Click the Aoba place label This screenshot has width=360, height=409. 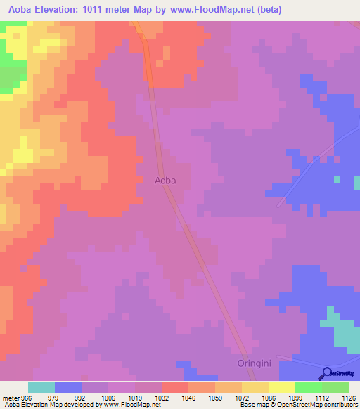click(x=165, y=181)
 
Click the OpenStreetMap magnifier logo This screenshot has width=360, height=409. click(x=326, y=375)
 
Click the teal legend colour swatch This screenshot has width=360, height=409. click(x=41, y=387)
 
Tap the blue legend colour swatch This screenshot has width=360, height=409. click(x=68, y=387)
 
